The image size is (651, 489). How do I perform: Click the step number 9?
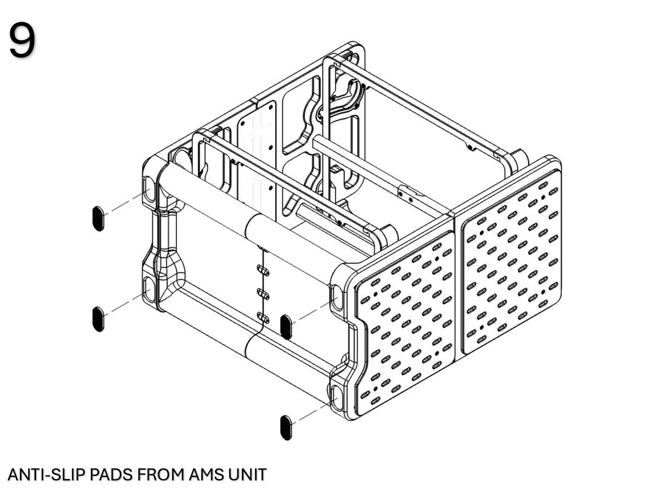click(x=22, y=40)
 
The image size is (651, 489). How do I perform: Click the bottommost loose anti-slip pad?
click(x=286, y=427)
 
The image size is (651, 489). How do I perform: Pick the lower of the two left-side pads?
click(x=98, y=319)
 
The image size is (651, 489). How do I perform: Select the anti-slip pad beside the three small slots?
click(x=286, y=327)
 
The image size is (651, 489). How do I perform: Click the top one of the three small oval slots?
click(x=263, y=271)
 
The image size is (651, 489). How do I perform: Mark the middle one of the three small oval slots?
click(x=263, y=294)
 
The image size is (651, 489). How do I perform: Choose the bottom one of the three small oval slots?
click(x=263, y=318)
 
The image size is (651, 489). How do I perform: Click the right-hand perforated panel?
click(x=511, y=261)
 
